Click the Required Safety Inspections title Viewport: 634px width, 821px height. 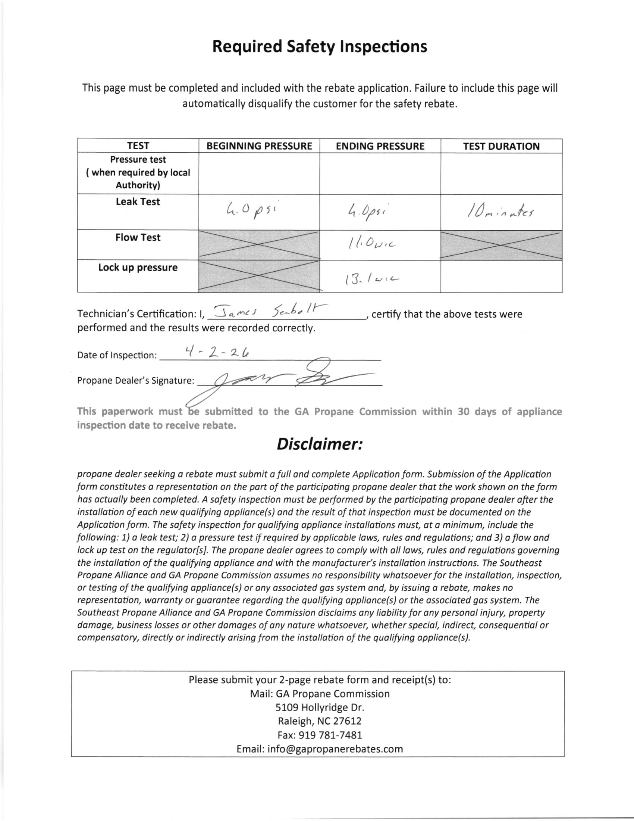(320, 47)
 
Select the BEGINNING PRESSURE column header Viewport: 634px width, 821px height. (259, 146)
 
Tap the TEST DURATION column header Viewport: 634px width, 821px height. (501, 146)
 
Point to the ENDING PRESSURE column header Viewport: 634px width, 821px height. (380, 146)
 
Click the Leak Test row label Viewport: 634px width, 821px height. (138, 202)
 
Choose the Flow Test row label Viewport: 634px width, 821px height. (138, 238)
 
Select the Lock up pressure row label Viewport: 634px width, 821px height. (138, 268)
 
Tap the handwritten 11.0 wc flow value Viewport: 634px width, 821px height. (371, 244)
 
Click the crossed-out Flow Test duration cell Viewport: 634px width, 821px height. (501, 245)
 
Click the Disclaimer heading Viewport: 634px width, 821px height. (320, 444)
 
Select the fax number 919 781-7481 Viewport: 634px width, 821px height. (320, 735)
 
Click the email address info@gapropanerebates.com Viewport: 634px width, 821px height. (320, 749)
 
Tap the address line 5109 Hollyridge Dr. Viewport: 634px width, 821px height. (320, 708)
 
